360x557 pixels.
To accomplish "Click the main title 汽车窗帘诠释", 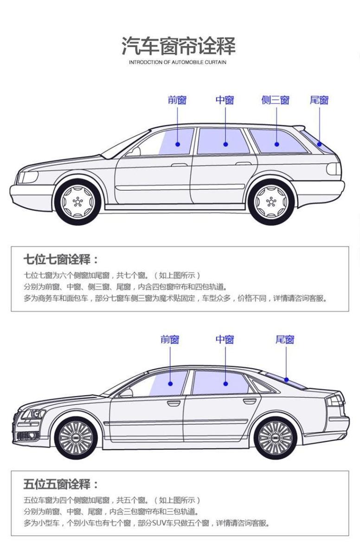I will [179, 46].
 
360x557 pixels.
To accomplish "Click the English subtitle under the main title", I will [179, 62].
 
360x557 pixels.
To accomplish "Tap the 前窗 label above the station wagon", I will [177, 100].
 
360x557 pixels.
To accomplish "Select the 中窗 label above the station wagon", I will [225, 100].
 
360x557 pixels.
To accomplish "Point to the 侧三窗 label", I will [276, 100].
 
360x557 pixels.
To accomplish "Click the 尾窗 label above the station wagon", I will [319, 100].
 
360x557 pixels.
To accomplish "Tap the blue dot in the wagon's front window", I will [178, 144].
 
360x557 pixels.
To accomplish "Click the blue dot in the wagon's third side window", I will [277, 144].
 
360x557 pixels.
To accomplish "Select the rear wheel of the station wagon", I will [271, 201].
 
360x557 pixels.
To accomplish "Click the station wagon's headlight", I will [28, 177].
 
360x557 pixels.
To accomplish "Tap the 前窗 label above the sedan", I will [170, 339].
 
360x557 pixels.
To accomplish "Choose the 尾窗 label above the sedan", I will [285, 339].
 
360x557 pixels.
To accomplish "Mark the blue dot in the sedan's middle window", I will [225, 384].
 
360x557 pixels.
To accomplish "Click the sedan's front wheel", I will [77, 437].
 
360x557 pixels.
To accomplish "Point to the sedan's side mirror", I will [126, 393].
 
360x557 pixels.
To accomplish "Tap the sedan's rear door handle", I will [249, 401].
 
